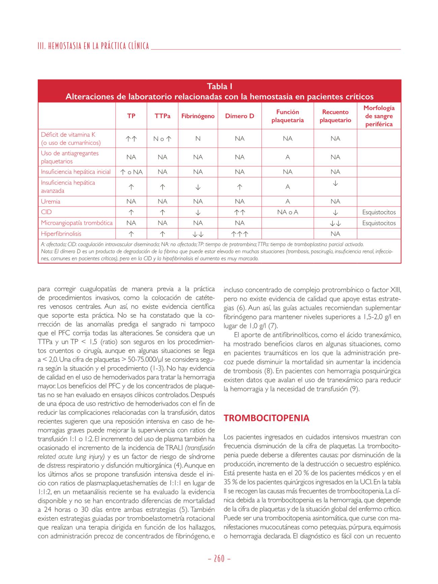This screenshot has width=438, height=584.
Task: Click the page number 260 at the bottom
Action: pos(219,558)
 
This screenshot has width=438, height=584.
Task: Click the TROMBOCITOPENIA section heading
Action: pos(267,418)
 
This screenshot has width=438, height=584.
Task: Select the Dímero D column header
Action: pos(240,116)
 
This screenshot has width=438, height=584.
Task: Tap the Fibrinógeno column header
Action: pos(198,116)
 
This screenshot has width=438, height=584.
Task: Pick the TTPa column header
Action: pos(162,116)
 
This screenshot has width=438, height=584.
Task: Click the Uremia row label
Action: pos(51,201)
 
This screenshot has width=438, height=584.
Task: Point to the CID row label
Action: pos(46,212)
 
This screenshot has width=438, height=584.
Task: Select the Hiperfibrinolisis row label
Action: pos(61,234)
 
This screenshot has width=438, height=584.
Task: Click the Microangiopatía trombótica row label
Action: pos(77,223)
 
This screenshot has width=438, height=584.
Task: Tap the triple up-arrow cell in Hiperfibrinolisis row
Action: pos(240,234)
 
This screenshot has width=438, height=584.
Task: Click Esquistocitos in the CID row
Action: pos(379,213)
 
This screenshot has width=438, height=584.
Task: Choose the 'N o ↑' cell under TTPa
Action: pos(162,139)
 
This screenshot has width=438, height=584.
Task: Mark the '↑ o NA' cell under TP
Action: pos(131,172)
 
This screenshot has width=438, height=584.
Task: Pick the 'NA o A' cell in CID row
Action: pos(287,212)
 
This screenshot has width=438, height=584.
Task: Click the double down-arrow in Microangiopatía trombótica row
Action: pos(335,223)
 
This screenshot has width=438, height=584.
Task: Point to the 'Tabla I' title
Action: pos(219,87)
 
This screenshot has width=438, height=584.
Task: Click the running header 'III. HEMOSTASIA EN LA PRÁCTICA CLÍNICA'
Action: pos(93,46)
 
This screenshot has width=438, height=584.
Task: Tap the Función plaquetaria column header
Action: pos(287,116)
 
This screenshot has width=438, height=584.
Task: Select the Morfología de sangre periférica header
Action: pos(379,116)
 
